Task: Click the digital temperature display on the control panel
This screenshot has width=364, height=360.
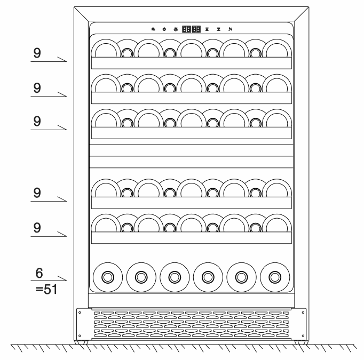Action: pos(191,29)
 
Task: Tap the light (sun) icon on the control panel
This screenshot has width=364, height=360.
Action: pos(174,29)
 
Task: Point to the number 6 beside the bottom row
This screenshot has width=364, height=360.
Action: pos(38,273)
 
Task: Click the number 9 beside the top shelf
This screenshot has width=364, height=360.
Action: pos(37,54)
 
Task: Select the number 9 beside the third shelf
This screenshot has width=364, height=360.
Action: pos(37,121)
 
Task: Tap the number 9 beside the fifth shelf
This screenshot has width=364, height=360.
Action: pos(37,227)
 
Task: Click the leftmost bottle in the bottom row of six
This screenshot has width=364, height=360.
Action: pos(107,277)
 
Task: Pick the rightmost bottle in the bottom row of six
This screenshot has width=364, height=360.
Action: pos(275,277)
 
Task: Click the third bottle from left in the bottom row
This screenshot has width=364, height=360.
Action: pos(174,277)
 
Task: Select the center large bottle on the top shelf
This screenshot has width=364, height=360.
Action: pos(191,50)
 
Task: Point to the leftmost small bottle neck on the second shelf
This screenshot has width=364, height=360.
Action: pos(127,87)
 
